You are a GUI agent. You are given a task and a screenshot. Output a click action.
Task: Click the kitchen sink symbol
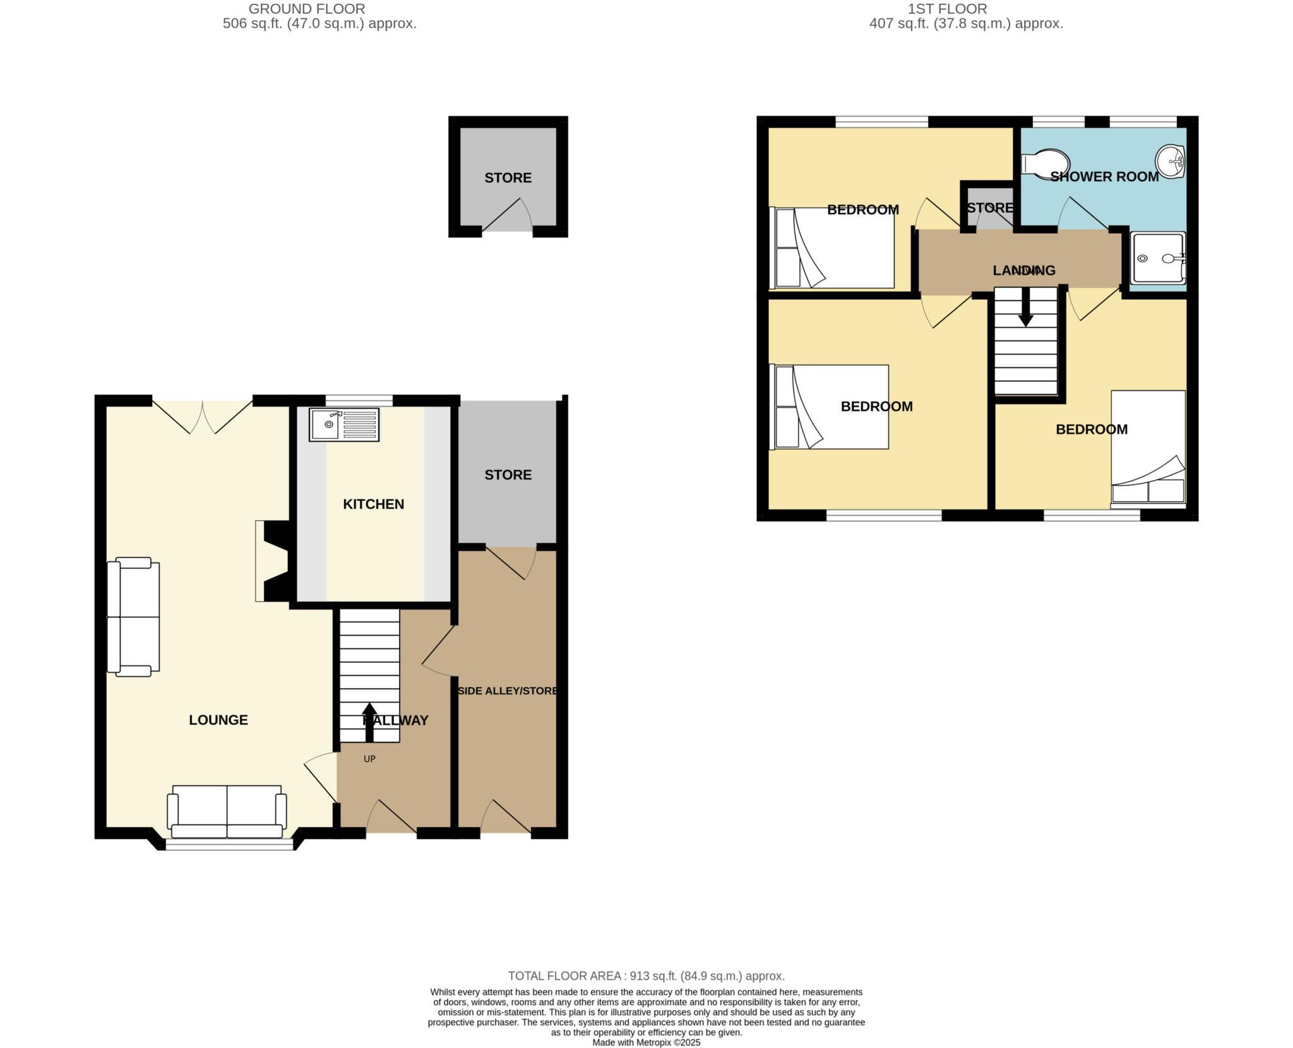[x=343, y=424]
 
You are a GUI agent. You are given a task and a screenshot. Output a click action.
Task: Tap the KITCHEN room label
[x=373, y=504]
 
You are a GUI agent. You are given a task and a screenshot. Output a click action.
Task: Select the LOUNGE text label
[x=218, y=720]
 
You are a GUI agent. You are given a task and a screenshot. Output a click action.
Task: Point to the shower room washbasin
[x=1170, y=162]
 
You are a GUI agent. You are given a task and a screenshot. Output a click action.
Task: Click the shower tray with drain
[x=1158, y=258]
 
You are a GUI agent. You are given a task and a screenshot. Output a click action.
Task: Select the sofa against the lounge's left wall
[x=133, y=617]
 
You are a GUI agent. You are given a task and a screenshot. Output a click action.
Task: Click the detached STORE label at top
[x=508, y=178]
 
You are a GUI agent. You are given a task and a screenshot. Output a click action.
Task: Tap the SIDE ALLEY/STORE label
[x=507, y=691]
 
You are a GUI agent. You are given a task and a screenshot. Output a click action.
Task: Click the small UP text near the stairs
[x=369, y=759]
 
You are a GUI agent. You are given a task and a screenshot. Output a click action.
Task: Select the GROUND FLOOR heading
[x=306, y=9]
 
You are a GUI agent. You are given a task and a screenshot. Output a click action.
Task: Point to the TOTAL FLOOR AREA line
[x=646, y=975]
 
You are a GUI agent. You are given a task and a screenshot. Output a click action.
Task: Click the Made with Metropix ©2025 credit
[x=646, y=1042]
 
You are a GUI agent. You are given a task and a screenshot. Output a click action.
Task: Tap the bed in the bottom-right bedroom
[x=1148, y=448]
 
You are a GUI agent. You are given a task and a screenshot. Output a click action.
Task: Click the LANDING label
[x=1023, y=270]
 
